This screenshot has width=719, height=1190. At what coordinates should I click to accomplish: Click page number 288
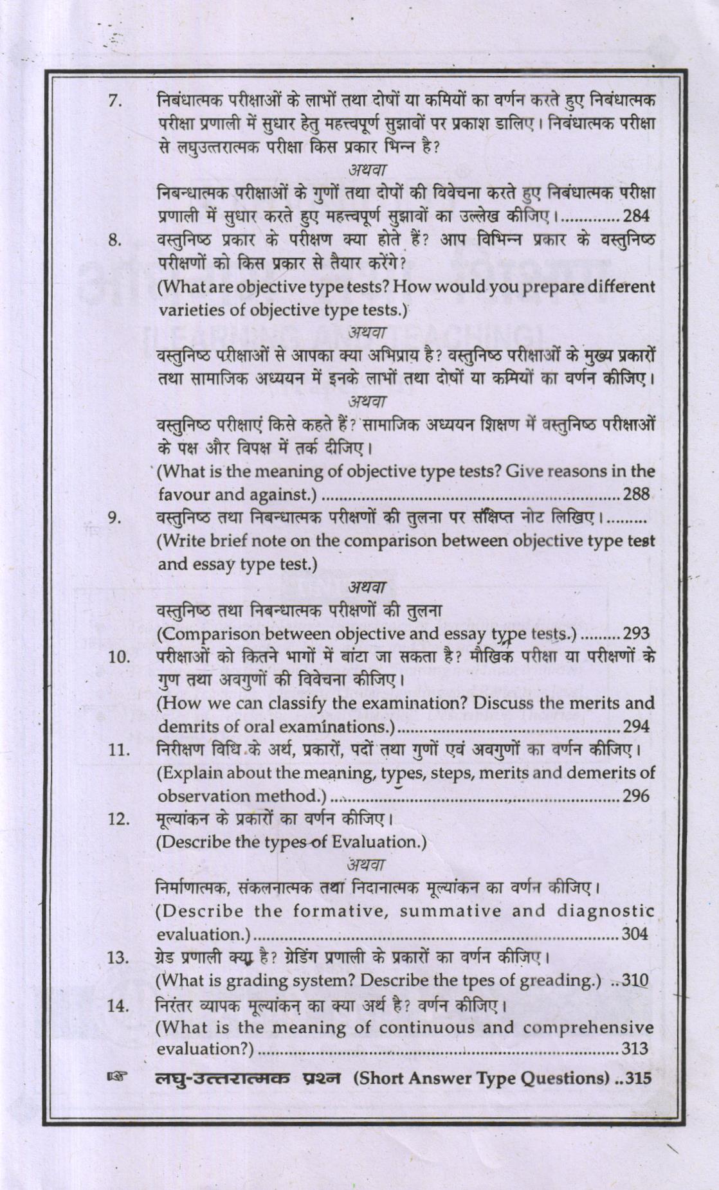coord(636,494)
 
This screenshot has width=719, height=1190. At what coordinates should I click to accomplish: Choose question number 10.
coord(118,657)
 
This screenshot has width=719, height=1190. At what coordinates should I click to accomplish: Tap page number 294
coord(636,726)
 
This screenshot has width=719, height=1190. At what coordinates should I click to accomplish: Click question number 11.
coord(118,750)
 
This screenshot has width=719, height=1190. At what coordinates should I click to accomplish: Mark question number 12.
coord(118,820)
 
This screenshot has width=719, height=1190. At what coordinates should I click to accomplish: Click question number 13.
coord(118,958)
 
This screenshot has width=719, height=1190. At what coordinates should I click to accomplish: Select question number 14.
coord(118,1005)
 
